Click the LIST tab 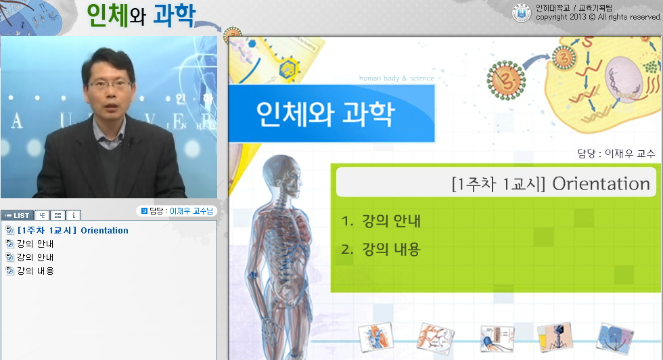[17, 215]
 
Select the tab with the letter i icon [74, 215]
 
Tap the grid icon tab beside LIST [58, 215]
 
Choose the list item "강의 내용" [35, 271]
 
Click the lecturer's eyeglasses [110, 85]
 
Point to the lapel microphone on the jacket [131, 143]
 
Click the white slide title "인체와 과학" [325, 114]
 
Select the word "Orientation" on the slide [601, 183]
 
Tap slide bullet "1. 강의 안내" [381, 221]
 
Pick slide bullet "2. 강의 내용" [381, 250]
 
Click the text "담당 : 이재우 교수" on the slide [616, 154]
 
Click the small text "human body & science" [396, 78]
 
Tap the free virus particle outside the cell [504, 72]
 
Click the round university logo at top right [521, 12]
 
